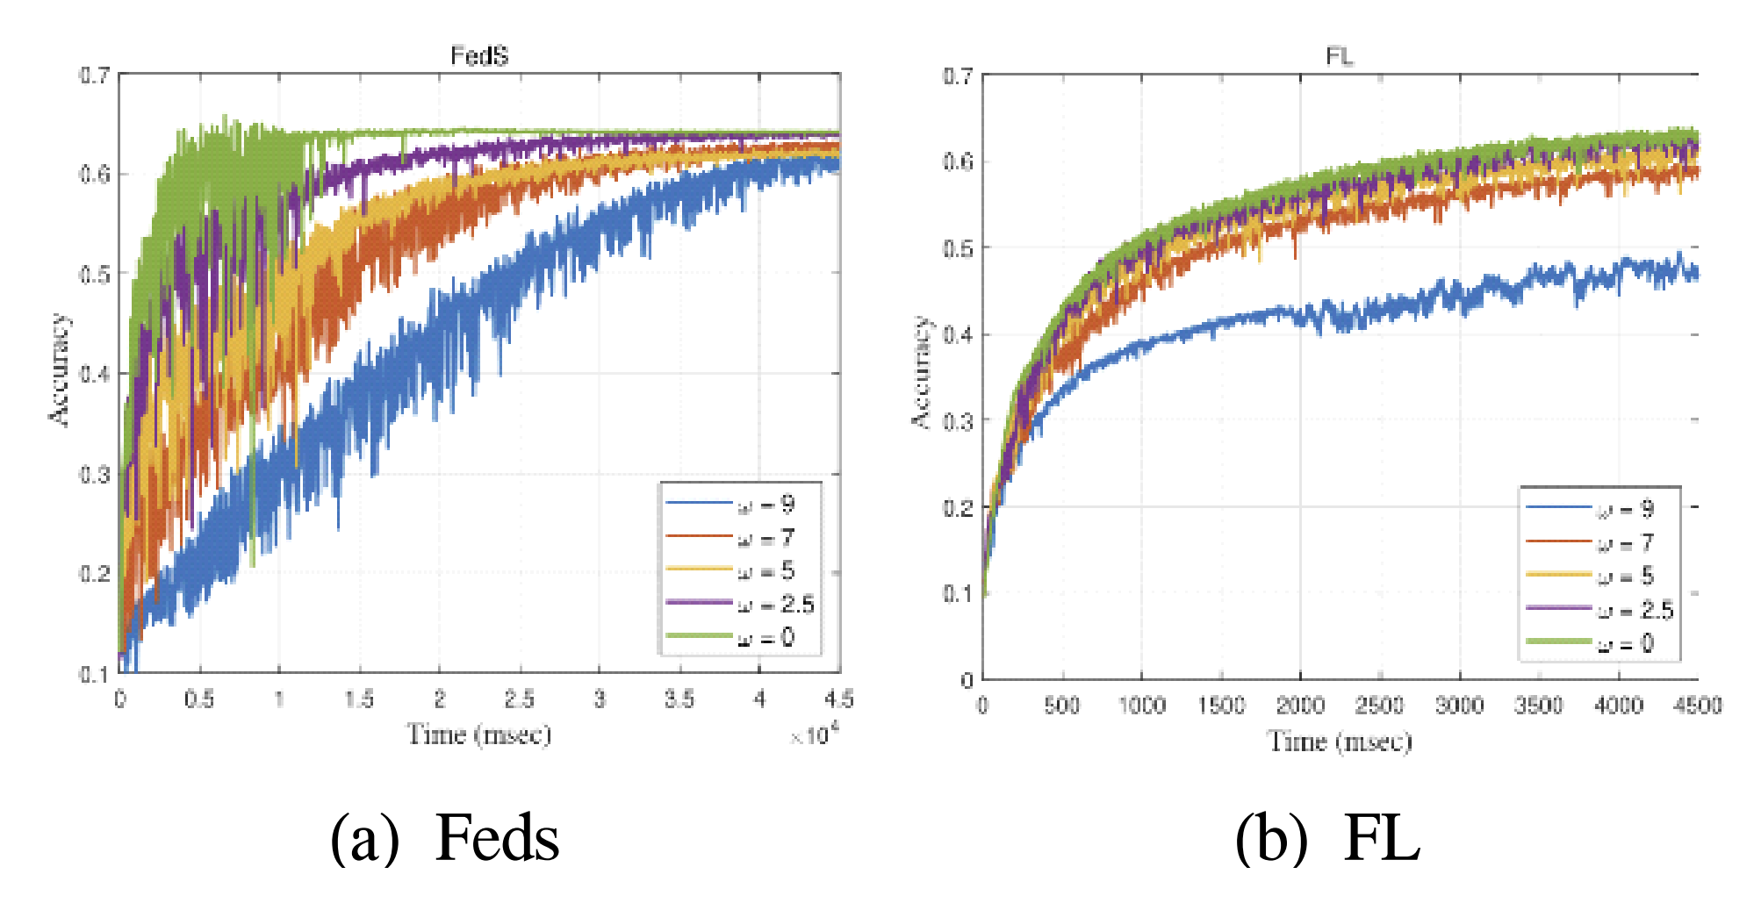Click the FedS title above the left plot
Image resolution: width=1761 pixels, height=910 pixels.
479,56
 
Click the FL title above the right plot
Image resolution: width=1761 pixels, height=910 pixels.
1339,57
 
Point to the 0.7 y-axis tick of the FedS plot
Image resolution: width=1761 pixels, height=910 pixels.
95,75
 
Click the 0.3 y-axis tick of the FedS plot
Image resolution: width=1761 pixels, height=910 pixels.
95,474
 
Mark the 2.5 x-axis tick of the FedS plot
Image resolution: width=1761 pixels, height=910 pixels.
520,699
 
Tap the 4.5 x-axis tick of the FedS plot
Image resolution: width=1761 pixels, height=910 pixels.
839,699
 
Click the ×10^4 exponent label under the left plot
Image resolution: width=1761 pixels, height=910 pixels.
814,734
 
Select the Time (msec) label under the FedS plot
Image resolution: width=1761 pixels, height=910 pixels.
479,734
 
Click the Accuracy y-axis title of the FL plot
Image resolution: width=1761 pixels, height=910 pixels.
920,373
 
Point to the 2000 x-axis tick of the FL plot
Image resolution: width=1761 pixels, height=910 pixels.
1300,705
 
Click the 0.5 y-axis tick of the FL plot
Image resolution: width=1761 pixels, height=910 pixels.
959,247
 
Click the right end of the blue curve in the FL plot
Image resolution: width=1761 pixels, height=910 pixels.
1696,275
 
